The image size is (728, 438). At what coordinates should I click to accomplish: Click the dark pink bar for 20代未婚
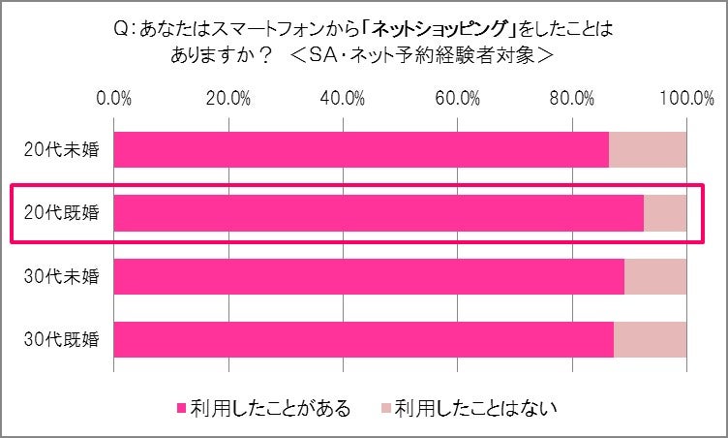[x=361, y=150]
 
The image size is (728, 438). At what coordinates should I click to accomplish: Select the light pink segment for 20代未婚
[x=648, y=150]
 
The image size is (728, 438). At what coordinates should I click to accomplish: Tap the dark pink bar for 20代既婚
[x=379, y=213]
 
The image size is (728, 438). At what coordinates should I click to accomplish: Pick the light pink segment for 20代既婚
[x=665, y=213]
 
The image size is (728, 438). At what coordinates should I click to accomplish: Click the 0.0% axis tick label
[x=115, y=98]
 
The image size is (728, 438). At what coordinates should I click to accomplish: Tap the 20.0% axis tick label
[x=228, y=98]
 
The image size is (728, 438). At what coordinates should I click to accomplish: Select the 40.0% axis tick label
[x=343, y=98]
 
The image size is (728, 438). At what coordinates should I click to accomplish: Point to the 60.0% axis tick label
[x=458, y=98]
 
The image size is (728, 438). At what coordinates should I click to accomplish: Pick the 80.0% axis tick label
[x=572, y=98]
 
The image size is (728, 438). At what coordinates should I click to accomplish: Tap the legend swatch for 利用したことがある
[x=181, y=404]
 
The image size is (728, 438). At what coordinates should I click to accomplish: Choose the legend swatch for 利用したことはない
[x=386, y=404]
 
